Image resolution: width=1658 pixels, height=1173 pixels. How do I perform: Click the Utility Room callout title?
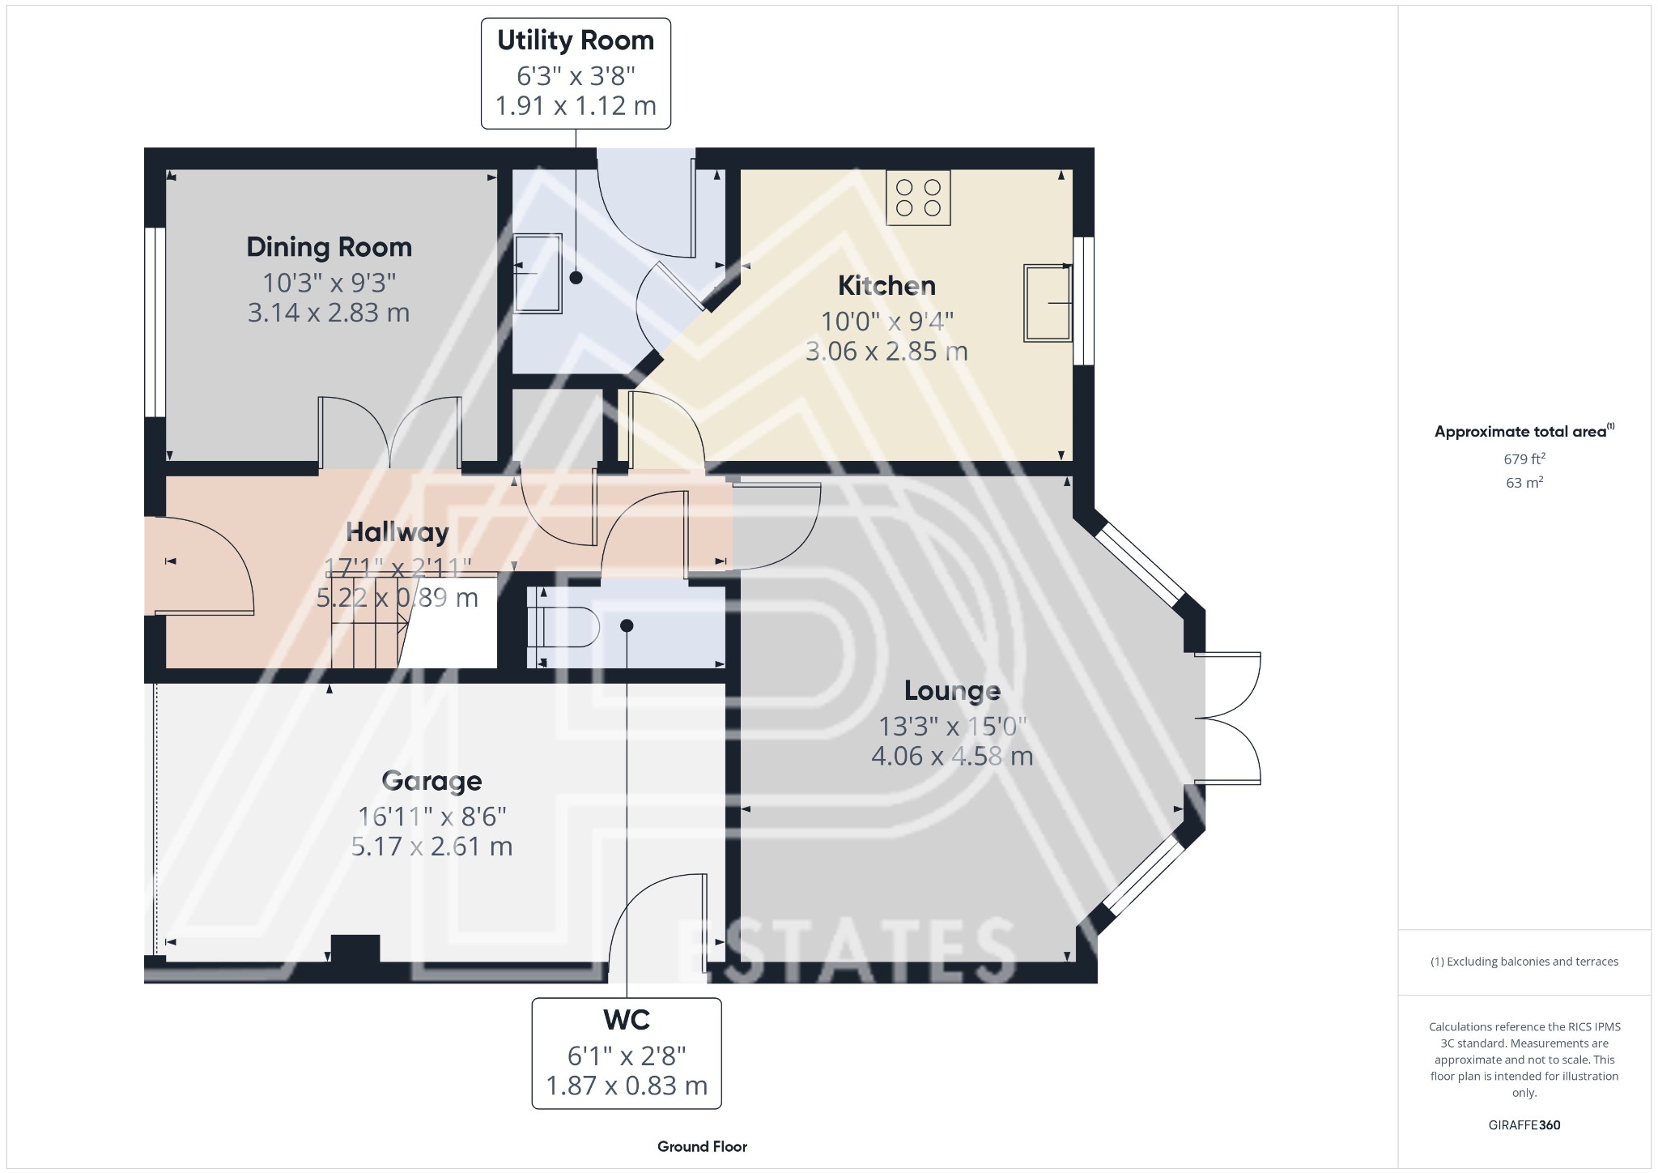pyautogui.click(x=575, y=41)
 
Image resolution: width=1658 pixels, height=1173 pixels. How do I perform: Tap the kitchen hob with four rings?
pyautogui.click(x=918, y=197)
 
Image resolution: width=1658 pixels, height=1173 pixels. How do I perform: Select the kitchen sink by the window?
pyautogui.click(x=1048, y=303)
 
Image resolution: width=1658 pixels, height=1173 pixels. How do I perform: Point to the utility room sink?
pyautogui.click(x=538, y=274)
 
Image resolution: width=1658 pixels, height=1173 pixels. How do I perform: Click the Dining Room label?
pyautogui.click(x=329, y=247)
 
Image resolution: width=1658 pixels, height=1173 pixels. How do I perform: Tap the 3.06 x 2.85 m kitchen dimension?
pyautogui.click(x=886, y=352)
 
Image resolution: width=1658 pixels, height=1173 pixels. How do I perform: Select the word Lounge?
pyautogui.click(x=952, y=691)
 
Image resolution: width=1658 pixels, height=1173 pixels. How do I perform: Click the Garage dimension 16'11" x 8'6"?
pyautogui.click(x=432, y=815)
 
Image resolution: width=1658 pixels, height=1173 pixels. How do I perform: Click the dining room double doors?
pyautogui.click(x=390, y=433)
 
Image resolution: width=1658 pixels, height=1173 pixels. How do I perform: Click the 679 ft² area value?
pyautogui.click(x=1524, y=459)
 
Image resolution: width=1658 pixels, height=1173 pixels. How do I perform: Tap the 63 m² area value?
pyautogui.click(x=1524, y=483)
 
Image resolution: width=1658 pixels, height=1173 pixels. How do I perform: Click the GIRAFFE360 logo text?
pyautogui.click(x=1524, y=1125)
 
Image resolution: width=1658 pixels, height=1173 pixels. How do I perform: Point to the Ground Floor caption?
pyautogui.click(x=702, y=1146)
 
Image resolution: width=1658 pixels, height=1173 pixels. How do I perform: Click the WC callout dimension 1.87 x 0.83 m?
pyautogui.click(x=626, y=1086)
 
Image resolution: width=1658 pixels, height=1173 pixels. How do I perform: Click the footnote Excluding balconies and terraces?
pyautogui.click(x=1524, y=962)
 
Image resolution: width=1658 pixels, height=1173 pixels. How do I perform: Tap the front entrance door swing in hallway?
pyautogui.click(x=202, y=567)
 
